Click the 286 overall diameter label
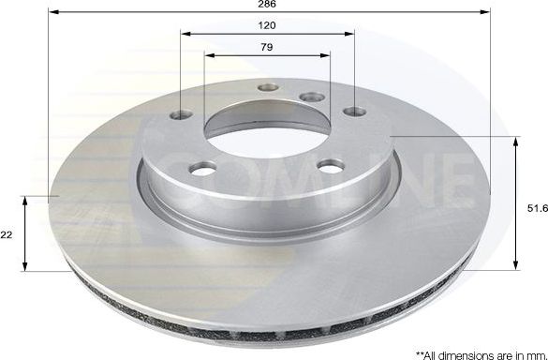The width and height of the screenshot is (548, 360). pyautogui.click(x=267, y=5)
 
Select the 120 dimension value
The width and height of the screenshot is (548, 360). pyautogui.click(x=267, y=25)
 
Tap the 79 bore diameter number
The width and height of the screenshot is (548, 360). pyautogui.click(x=267, y=46)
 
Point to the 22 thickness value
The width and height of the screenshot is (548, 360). pyautogui.click(x=7, y=234)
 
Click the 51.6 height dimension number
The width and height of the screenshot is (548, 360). pyautogui.click(x=537, y=210)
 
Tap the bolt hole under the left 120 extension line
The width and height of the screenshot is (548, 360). pyautogui.click(x=179, y=117)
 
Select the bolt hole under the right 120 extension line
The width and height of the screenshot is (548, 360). pyautogui.click(x=353, y=112)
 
